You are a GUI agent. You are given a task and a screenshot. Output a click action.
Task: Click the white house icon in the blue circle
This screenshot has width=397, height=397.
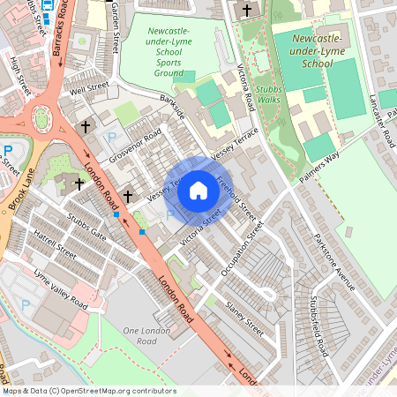(x=198, y=190)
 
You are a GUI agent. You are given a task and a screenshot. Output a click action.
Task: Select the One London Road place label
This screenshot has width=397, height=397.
(x=139, y=335)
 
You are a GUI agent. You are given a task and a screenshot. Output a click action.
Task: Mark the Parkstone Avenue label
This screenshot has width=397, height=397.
(x=335, y=261)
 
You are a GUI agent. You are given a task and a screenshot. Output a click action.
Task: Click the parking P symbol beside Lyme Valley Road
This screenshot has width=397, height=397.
(x=25, y=303)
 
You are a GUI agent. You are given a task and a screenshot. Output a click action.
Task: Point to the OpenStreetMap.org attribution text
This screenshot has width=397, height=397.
(x=88, y=390)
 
